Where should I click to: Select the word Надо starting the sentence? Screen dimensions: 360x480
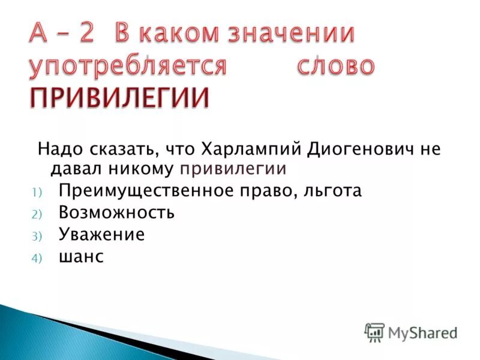point(58,149)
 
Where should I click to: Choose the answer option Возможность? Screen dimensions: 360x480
point(116,212)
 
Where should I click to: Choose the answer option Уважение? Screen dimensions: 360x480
point(101,234)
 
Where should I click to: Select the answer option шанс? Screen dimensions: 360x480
point(81,256)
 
